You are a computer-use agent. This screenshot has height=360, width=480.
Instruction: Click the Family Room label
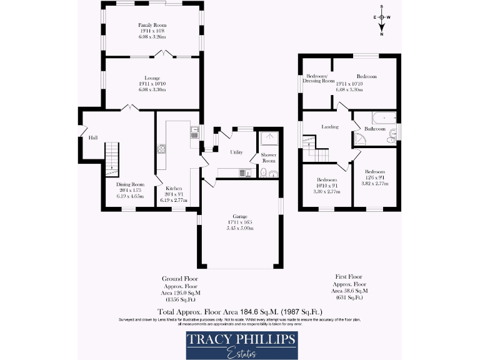tap(152, 25)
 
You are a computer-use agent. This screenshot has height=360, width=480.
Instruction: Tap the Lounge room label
tap(152, 77)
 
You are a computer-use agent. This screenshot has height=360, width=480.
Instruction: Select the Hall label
tap(92, 137)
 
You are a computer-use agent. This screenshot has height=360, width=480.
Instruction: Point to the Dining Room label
tap(130, 184)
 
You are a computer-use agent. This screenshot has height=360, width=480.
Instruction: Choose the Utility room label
tap(236, 152)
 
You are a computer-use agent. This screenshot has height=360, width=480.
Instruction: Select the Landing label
tap(329, 127)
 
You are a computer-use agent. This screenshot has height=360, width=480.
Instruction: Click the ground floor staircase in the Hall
tap(111, 156)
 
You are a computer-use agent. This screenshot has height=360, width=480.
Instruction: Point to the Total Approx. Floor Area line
tap(240, 311)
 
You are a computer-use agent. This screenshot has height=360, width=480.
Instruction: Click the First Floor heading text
tap(349, 276)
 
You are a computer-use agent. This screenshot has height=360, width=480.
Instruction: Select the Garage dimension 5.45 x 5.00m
tap(239, 228)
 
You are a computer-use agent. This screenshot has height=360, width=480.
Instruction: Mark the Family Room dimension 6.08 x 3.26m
tap(152, 37)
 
